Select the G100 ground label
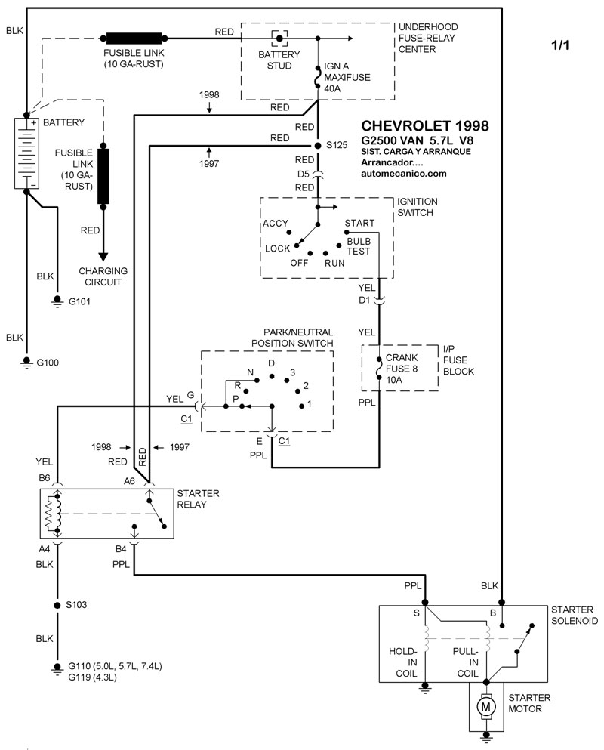click(x=48, y=363)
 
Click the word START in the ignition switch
click(x=359, y=224)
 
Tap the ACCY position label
click(x=276, y=224)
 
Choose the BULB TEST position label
click(x=359, y=246)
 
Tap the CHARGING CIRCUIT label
click(x=103, y=276)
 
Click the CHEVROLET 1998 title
click(x=425, y=125)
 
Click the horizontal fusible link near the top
click(x=134, y=38)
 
